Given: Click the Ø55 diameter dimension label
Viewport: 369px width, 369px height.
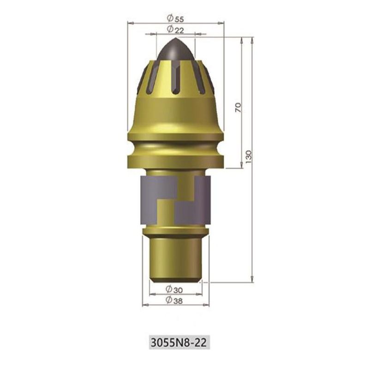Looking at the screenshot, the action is click(x=175, y=18).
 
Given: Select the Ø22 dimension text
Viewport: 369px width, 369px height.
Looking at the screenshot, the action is click(x=175, y=30).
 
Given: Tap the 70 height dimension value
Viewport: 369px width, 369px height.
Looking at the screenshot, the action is click(x=238, y=107).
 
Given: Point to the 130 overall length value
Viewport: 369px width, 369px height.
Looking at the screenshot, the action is click(x=249, y=157).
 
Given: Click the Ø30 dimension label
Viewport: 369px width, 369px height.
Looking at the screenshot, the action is click(x=174, y=290).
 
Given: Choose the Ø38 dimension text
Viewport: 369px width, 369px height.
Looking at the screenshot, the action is click(x=174, y=300).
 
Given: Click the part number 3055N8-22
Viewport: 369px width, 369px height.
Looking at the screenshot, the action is click(x=179, y=343).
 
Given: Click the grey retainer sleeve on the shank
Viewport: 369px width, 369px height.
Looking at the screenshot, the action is click(x=175, y=200).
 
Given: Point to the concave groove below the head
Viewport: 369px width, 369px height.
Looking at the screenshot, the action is click(x=176, y=148).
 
